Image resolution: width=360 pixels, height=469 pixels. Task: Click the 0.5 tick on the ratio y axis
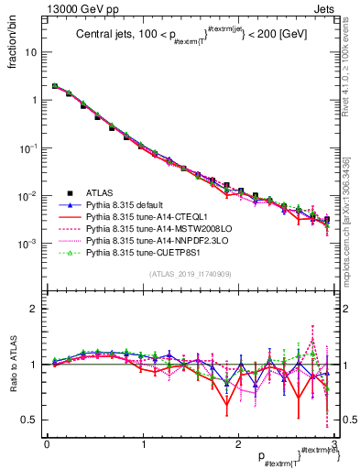point(28,420)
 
